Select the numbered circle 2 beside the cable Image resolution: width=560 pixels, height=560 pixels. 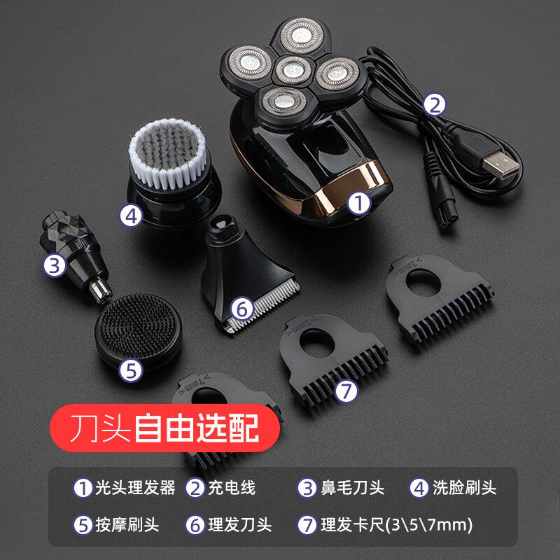tap(435, 105)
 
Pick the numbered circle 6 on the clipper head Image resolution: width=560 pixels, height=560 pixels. tap(241, 308)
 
